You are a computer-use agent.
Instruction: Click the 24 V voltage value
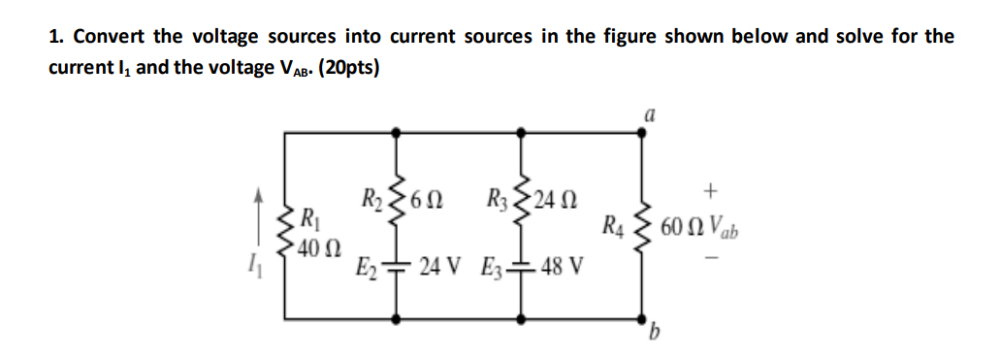[442, 265]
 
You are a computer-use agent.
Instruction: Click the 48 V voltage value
[562, 265]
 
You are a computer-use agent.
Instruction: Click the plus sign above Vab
[714, 184]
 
